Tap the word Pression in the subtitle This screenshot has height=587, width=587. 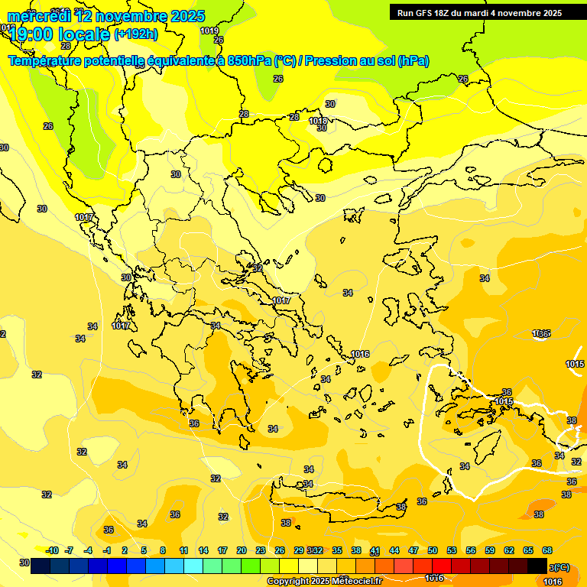pos(328,61)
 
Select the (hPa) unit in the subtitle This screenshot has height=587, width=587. pos(413,61)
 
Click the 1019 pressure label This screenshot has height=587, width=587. pos(209,31)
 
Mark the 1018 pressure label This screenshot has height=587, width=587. pos(318,121)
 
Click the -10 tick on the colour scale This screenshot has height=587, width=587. pos(52,550)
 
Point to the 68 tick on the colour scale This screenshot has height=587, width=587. pos(547,550)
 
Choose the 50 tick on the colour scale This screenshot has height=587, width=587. pos(433,550)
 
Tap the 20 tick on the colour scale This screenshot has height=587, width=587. pos(242,550)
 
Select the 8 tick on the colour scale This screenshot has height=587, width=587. pos(163,550)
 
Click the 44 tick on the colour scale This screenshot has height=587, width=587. pos(394,550)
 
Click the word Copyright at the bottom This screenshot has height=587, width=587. pos(289,582)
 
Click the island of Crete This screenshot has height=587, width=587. pos(336,501)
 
